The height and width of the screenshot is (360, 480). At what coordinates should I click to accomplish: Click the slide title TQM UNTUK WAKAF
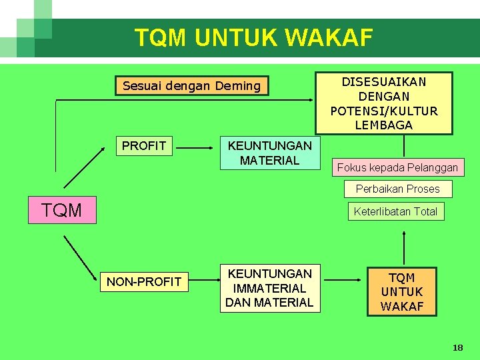pyautogui.click(x=253, y=37)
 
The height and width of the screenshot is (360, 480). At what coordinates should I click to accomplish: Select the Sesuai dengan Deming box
pyautogui.click(x=192, y=86)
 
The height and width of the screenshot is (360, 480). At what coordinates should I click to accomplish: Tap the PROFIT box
pyautogui.click(x=144, y=146)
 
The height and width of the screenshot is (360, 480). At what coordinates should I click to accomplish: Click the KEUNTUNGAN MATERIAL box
pyautogui.click(x=269, y=153)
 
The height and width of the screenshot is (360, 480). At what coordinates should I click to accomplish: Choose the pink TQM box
pyautogui.click(x=62, y=211)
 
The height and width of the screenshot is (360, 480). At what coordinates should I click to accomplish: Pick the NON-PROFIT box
pyautogui.click(x=144, y=282)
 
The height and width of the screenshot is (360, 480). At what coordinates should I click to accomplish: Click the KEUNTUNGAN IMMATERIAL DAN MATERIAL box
pyautogui.click(x=269, y=288)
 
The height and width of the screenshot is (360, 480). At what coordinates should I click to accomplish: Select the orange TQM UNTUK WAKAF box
pyautogui.click(x=402, y=292)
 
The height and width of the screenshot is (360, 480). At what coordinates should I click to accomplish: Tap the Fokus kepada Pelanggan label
pyautogui.click(x=397, y=167)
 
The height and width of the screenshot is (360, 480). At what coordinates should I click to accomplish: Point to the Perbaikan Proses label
pyautogui.click(x=398, y=189)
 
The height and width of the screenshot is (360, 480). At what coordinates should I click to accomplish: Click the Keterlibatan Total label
pyautogui.click(x=395, y=212)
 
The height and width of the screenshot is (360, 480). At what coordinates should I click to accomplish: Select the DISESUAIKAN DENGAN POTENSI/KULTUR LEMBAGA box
pyautogui.click(x=384, y=103)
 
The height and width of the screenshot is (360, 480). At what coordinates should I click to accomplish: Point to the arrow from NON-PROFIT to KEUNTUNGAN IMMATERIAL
pyautogui.click(x=203, y=282)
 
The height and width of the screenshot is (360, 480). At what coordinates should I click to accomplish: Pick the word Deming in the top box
pyautogui.click(x=238, y=86)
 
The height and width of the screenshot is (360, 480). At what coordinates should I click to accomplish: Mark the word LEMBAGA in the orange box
pyautogui.click(x=384, y=125)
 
